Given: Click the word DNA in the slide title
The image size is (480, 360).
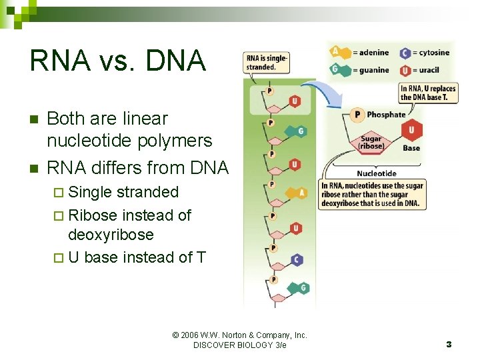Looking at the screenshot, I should point(174,61).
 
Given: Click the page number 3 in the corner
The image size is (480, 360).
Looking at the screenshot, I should point(449,344).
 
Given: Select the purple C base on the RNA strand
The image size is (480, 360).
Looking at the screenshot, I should point(297,260).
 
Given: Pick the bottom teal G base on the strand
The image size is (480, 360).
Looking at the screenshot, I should point(303,287).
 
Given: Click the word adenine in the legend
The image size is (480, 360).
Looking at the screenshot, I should point(371,53).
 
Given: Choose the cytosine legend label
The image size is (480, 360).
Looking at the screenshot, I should point(434,53).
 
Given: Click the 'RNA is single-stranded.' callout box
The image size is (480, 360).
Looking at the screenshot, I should point(267,63).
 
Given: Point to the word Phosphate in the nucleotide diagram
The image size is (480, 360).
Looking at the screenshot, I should point(386,115).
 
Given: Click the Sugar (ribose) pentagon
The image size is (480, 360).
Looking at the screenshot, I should point(371,142).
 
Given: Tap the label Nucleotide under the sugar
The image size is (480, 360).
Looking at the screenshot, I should point(376,173).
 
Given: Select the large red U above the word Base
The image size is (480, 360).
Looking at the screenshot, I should point(412,131).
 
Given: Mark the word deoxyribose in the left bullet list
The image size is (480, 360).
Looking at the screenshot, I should point(111,235).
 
